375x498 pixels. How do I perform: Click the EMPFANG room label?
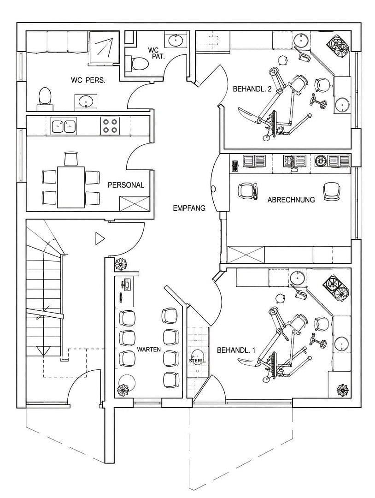[189, 208]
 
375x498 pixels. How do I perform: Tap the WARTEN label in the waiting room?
[149, 350]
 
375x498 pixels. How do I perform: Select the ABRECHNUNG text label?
[291, 200]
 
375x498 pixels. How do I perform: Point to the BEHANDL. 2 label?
[252, 89]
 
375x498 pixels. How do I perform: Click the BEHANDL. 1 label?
[236, 350]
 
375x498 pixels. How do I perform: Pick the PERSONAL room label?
[126, 185]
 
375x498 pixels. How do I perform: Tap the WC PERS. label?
[88, 80]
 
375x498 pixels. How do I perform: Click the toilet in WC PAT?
[137, 64]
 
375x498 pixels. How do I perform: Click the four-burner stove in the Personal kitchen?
[110, 125]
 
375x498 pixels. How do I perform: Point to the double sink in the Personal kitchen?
[64, 126]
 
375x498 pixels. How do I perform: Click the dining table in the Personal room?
[71, 187]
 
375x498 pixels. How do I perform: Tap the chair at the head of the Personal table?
[71, 159]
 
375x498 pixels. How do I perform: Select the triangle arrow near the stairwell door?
[100, 238]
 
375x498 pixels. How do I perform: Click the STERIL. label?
[198, 361]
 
